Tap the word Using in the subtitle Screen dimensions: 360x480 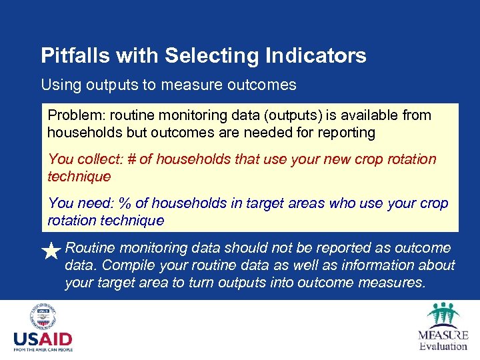tap(59, 85)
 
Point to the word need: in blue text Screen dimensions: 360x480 tap(95, 203)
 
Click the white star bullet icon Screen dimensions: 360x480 tap(51, 251)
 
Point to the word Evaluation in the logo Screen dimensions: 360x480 tap(443, 345)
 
